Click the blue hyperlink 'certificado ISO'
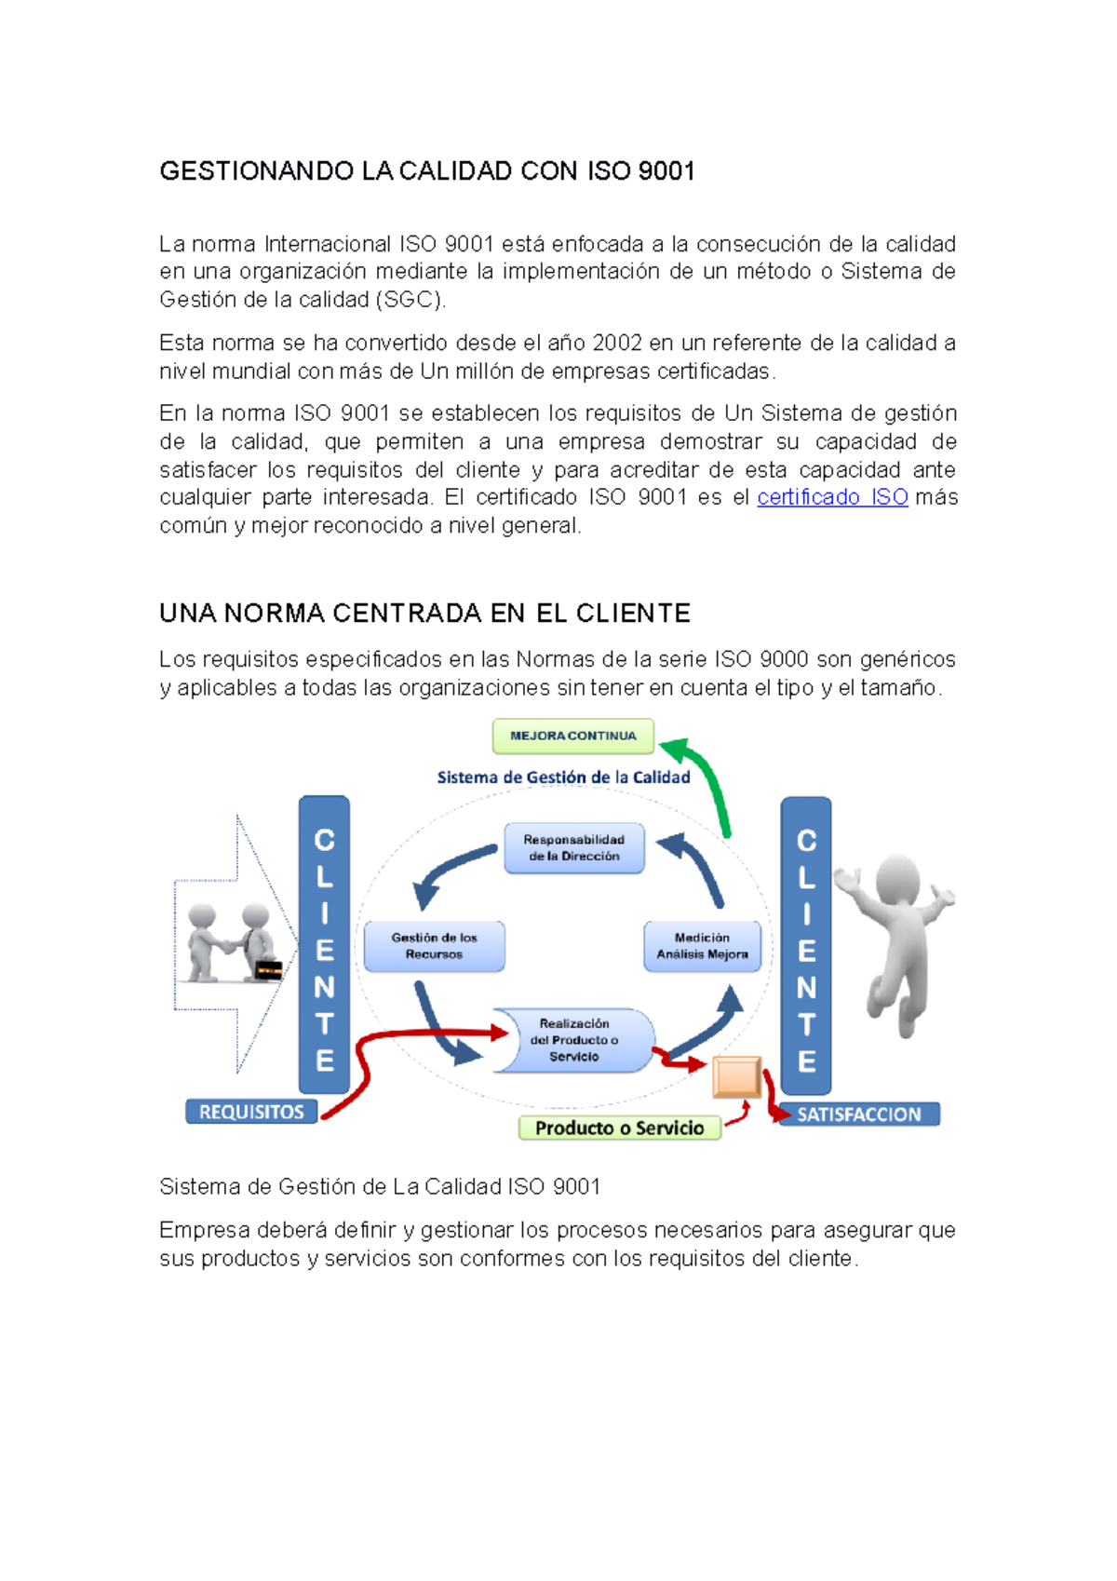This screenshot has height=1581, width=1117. point(832,497)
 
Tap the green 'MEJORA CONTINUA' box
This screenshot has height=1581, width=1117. point(572,736)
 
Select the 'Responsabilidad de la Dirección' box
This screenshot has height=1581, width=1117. point(573,847)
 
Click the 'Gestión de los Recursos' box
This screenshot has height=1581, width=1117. point(434,946)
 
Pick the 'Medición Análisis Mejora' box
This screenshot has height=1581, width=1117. point(702,946)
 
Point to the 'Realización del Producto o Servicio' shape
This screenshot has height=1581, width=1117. point(574,1040)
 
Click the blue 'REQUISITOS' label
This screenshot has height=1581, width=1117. point(251,1112)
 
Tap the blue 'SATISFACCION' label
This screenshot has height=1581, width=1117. point(858,1115)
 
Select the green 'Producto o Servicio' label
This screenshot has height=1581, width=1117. point(619,1128)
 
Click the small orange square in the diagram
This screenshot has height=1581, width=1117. point(736,1078)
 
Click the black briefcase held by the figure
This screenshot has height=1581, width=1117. point(268,969)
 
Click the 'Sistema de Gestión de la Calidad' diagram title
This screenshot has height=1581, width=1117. point(563,777)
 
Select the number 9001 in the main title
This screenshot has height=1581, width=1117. point(666,171)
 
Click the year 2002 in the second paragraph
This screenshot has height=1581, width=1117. point(616,343)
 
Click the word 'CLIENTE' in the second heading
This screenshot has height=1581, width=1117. point(633,614)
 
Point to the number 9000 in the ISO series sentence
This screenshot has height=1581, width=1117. point(783,659)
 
